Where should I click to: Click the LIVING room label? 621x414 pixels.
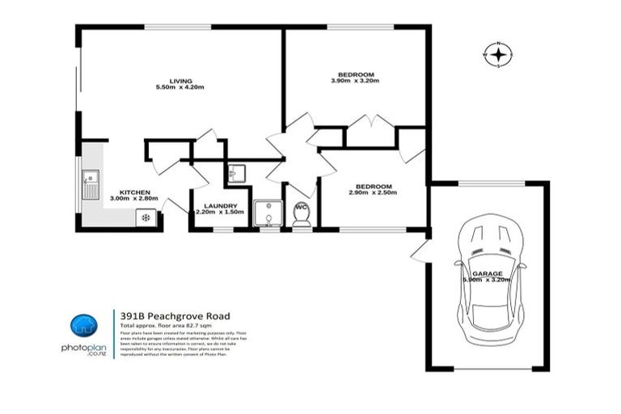click(181, 79)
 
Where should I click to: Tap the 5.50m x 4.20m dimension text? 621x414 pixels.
click(181, 87)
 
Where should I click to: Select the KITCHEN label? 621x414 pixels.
click(135, 192)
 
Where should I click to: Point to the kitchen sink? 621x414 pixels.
click(90, 184)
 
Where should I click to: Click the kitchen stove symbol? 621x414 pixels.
click(146, 217)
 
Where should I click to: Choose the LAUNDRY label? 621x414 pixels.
click(220, 205)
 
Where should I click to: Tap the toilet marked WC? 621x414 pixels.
click(302, 214)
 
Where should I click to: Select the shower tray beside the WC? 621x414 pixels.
click(268, 214)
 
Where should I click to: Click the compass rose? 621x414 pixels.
click(499, 54)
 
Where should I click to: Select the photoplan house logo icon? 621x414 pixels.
click(83, 326)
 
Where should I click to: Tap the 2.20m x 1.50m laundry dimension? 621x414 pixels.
click(220, 213)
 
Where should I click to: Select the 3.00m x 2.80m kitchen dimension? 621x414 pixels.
click(135, 199)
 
